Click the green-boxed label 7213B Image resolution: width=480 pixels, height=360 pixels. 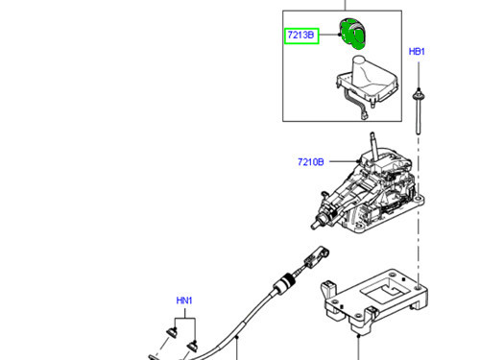tap(300, 36)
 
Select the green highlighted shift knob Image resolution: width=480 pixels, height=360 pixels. tap(355, 33)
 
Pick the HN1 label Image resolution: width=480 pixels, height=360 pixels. tap(184, 300)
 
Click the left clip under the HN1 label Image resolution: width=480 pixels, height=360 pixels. tap(170, 332)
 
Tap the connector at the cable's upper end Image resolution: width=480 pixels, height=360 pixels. tap(315, 254)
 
